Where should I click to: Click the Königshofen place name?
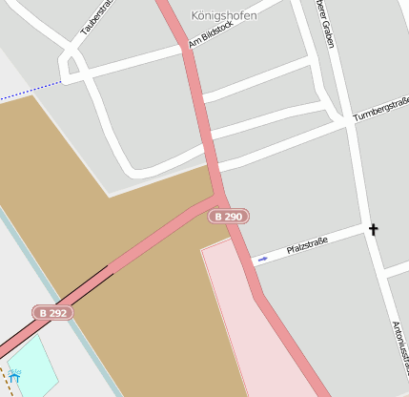coord(224,16)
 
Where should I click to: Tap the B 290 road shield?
coord(229,217)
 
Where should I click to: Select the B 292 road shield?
coord(52,312)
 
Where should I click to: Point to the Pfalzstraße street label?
coord(307,247)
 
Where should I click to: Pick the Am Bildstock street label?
coord(211,36)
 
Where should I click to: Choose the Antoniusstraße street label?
coord(400,348)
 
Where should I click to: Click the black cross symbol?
coord(373,229)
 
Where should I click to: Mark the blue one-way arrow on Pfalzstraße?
coord(263,259)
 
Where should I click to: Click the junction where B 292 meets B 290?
coord(218,203)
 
